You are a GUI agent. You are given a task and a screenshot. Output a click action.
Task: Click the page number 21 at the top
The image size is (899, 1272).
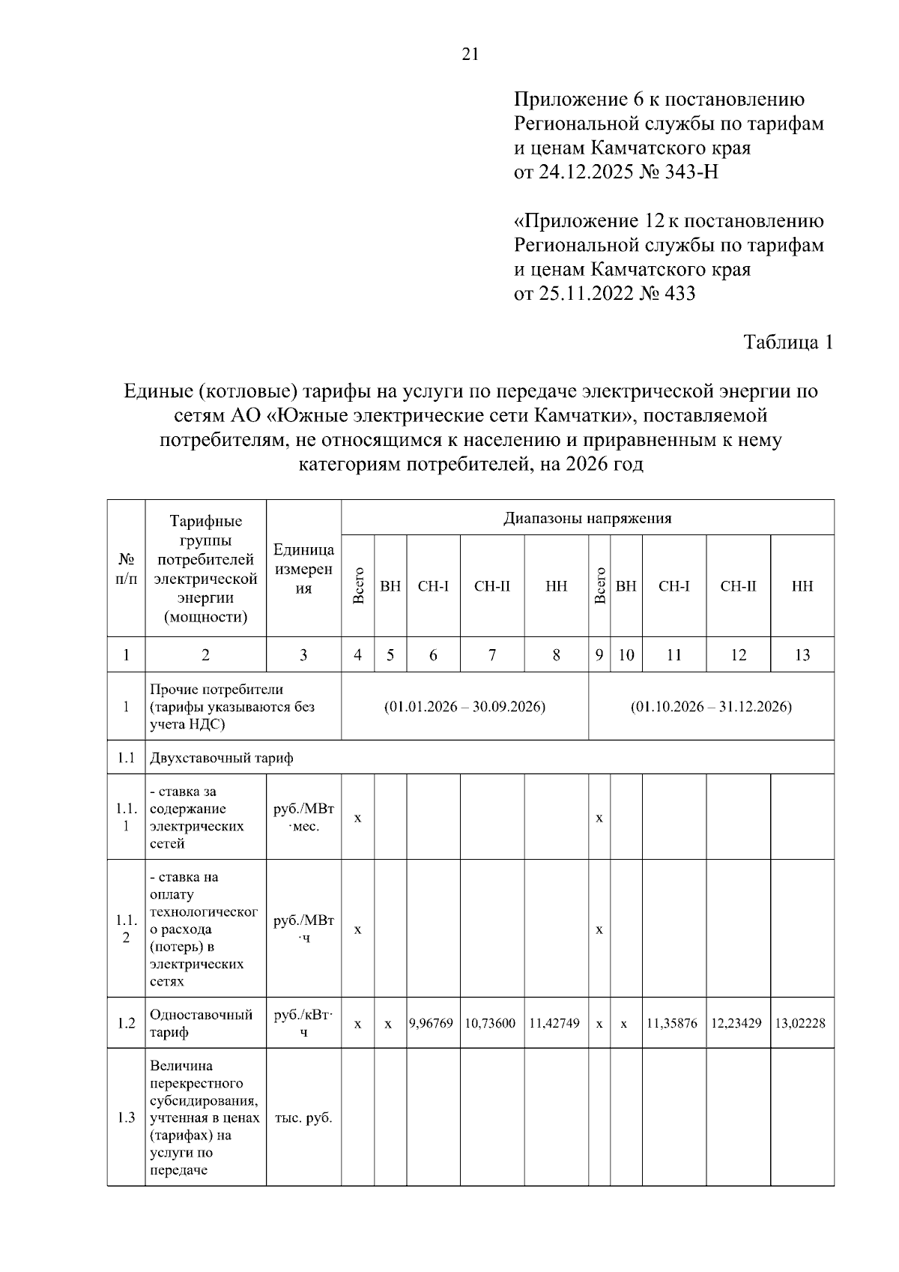click(x=470, y=55)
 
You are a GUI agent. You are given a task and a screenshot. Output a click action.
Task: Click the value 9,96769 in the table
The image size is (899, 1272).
click(x=432, y=1022)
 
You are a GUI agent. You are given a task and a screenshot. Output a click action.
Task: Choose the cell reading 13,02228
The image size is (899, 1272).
click(x=801, y=1022)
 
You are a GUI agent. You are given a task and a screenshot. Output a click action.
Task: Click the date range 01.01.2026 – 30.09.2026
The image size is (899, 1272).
click(x=464, y=707)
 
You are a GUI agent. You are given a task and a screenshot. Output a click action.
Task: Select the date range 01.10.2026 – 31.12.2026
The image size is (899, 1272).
click(x=711, y=707)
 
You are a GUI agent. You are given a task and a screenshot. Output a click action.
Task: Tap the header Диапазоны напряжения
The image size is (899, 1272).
click(x=587, y=518)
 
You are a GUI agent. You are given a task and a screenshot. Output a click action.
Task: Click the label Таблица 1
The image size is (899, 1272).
click(x=788, y=343)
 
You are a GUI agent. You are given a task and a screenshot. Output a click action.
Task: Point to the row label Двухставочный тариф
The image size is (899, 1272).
click(x=222, y=758)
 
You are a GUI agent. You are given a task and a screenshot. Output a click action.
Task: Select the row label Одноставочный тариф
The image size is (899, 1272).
click(x=201, y=1023)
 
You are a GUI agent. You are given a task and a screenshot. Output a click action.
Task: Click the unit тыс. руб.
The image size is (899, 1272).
click(x=303, y=1118)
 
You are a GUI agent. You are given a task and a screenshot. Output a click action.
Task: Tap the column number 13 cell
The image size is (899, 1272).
click(x=802, y=655)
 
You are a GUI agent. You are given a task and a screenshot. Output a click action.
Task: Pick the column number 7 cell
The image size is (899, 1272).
click(x=492, y=655)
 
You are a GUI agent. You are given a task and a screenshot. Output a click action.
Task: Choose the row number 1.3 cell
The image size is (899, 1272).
click(x=127, y=1118)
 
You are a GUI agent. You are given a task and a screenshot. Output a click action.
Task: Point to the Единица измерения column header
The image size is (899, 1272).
click(x=303, y=569)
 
